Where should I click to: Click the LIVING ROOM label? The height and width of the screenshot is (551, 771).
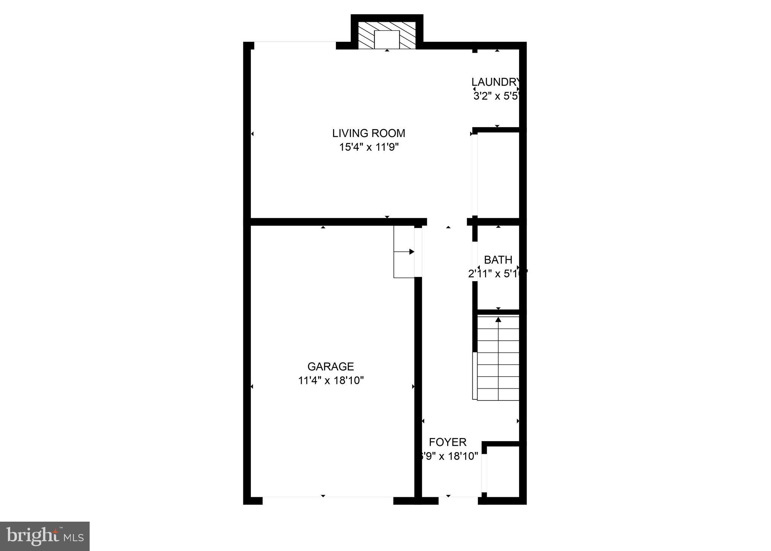point(368,133)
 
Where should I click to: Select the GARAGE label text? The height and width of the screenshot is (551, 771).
point(330,367)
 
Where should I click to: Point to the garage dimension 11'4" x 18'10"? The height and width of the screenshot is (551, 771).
point(330,381)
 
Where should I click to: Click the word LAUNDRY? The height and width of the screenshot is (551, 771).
point(496,82)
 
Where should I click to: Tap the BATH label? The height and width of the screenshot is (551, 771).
point(498,260)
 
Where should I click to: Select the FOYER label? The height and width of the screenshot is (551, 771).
point(447,442)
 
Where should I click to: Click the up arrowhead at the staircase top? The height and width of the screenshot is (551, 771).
point(498,320)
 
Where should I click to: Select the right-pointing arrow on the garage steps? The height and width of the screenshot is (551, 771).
point(411,252)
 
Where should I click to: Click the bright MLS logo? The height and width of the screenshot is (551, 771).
point(44,536)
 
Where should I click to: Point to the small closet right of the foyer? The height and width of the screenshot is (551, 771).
point(503,473)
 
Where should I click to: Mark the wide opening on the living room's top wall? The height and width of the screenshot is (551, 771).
point(295,45)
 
